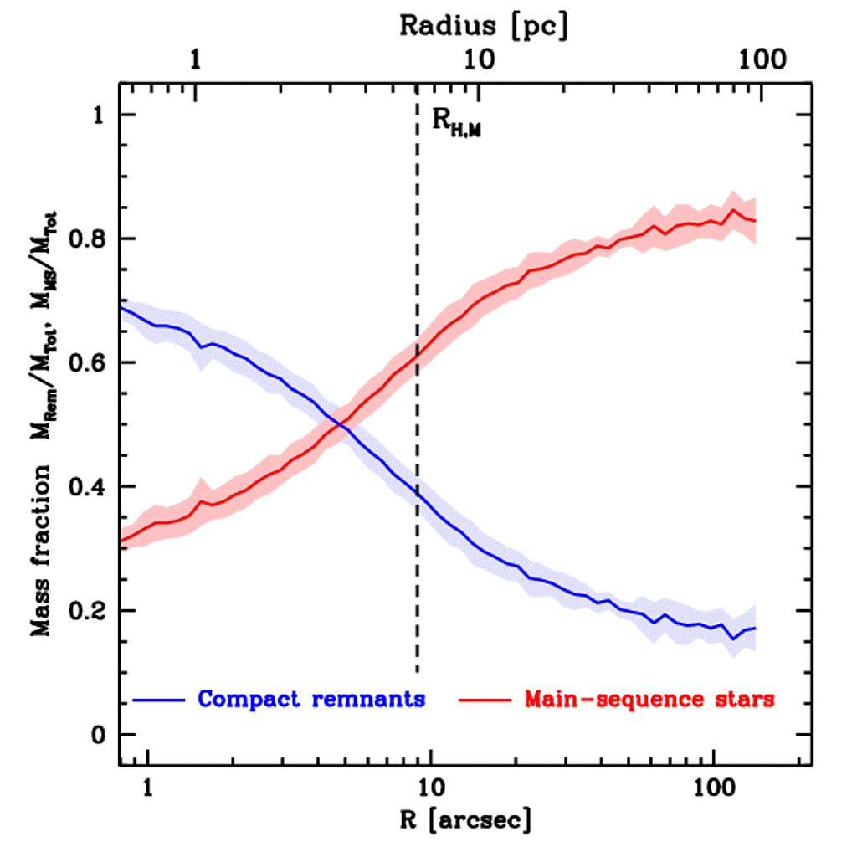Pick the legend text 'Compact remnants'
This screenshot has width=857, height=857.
tap(311, 699)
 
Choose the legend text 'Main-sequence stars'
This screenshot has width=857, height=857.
tap(649, 699)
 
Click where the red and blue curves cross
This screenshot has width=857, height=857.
tap(340, 425)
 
